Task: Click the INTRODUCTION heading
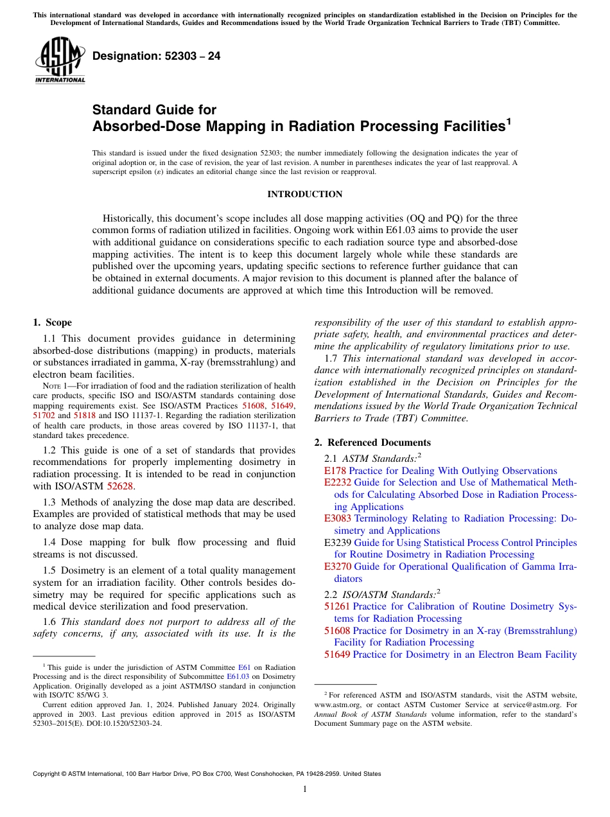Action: coord(304,194)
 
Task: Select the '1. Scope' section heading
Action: coord(52,322)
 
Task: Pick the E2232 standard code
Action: coord(338,482)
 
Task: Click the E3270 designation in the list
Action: coord(338,567)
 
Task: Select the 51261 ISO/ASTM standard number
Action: coord(337,606)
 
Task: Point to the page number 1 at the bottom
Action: coord(304,789)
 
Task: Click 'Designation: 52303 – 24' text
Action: coord(156,57)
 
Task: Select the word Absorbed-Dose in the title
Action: coord(147,127)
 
